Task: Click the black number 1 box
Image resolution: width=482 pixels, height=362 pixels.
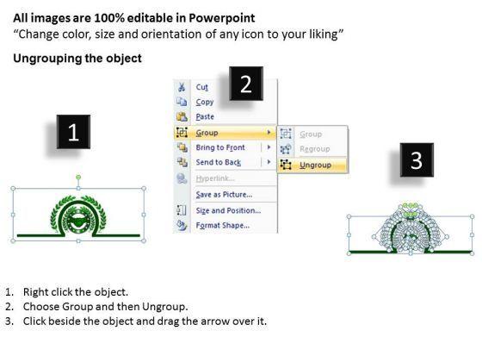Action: point(73,132)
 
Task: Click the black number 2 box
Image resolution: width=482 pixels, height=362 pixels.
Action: point(246,84)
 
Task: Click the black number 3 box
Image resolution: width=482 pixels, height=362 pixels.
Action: point(417,159)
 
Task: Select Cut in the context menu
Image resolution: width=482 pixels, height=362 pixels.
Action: point(202,87)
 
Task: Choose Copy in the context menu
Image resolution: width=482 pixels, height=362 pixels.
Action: point(205,102)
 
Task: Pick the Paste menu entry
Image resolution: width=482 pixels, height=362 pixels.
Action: point(205,116)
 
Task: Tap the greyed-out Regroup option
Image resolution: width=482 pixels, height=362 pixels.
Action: point(315,149)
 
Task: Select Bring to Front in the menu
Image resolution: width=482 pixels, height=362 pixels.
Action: point(220,147)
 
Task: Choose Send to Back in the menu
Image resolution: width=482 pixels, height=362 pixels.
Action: point(219,162)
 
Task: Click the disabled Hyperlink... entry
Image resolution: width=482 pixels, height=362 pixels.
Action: point(215,178)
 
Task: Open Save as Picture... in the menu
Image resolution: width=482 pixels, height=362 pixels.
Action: point(224,195)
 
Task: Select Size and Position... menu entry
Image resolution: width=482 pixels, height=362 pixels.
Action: point(228,210)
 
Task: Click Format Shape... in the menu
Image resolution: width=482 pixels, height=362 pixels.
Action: point(223,225)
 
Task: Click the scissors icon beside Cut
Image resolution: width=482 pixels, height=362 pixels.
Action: point(182,87)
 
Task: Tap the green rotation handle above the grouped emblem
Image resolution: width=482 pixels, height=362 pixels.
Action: point(78,177)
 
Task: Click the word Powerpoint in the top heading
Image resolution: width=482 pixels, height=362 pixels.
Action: point(222,18)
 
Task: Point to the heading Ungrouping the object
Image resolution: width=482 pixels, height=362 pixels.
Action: point(77,59)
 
